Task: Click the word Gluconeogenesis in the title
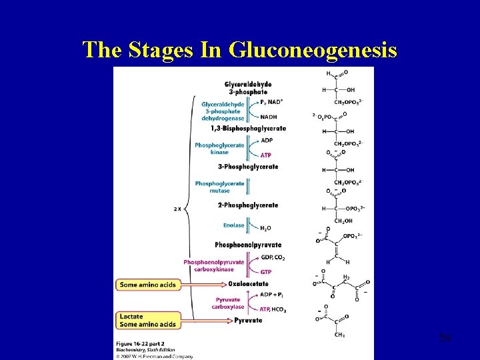tap(313, 49)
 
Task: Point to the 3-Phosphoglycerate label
tap(247, 167)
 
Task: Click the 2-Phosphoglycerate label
tap(247, 205)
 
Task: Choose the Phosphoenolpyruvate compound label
tap(248, 245)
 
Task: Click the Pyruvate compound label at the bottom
tap(248, 321)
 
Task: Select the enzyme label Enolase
tap(233, 225)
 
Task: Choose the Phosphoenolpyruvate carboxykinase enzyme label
tap(214, 265)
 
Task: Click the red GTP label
tap(267, 272)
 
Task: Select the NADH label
tap(269, 117)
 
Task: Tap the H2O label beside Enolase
tap(265, 228)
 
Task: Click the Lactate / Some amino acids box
tap(148, 320)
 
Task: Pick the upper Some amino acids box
tap(148, 285)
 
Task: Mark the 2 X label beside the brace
tap(178, 209)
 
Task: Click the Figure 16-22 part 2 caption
tap(140, 344)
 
